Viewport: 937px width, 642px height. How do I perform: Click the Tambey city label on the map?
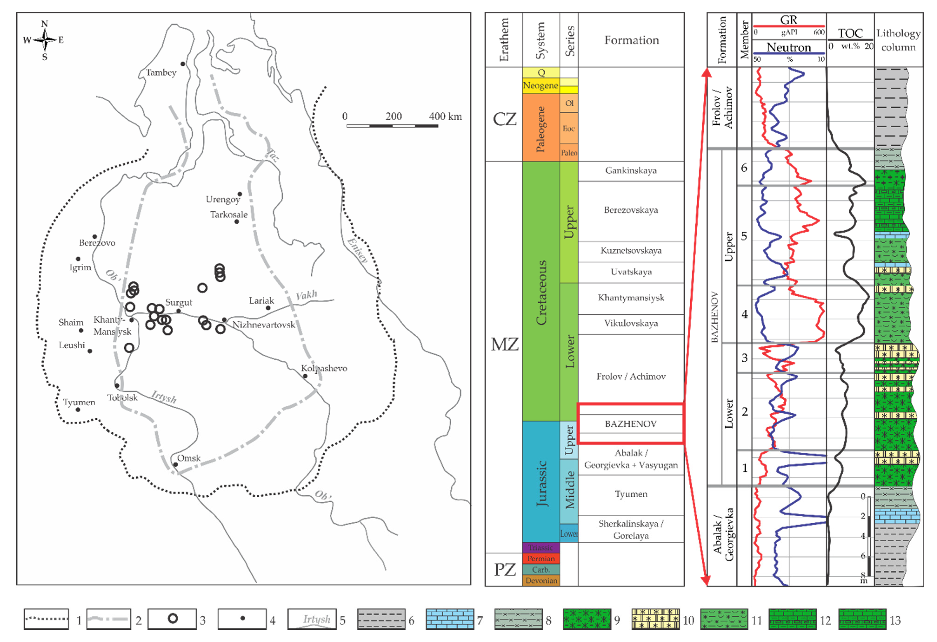pyautogui.click(x=161, y=72)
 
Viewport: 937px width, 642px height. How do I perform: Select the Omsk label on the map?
pyautogui.click(x=189, y=458)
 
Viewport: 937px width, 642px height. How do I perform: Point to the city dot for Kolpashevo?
pyautogui.click(x=305, y=376)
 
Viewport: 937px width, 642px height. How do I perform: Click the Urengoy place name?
pyautogui.click(x=223, y=199)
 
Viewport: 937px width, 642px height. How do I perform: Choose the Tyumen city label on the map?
pyautogui.click(x=79, y=402)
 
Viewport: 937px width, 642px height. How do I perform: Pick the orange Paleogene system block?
pyautogui.click(x=541, y=128)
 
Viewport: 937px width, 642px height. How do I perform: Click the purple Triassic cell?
pyautogui.click(x=541, y=548)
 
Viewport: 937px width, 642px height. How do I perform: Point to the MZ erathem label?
pyautogui.click(x=504, y=345)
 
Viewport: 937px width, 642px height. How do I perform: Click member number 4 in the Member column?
pyautogui.click(x=744, y=314)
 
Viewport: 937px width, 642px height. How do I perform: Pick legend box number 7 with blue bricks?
pyautogui.click(x=450, y=619)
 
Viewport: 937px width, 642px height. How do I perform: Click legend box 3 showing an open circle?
pyautogui.click(x=172, y=619)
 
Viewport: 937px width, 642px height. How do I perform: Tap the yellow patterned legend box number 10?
pyautogui.click(x=656, y=619)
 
